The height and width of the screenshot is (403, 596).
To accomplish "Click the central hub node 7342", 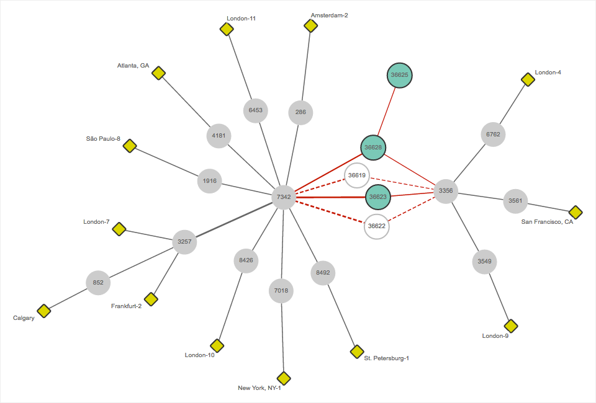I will click(284, 197).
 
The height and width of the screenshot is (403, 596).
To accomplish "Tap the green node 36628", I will click(374, 148).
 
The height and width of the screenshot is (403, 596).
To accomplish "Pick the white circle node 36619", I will click(357, 175).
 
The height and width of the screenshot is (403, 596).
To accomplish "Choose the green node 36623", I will click(378, 197).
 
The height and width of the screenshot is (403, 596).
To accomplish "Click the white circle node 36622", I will click(377, 226).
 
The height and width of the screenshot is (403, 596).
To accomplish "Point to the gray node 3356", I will click(446, 191).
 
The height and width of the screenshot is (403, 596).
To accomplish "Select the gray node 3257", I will click(184, 241).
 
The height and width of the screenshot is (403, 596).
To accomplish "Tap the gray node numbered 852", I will click(98, 283).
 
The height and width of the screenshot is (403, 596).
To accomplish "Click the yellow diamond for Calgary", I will click(43, 311).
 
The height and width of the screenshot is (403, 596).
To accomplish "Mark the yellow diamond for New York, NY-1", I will click(284, 378).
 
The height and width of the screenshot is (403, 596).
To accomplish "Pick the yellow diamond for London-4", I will click(528, 79).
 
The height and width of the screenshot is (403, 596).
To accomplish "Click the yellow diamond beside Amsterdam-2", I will click(310, 25).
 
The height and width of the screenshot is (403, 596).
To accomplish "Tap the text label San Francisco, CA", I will click(547, 222).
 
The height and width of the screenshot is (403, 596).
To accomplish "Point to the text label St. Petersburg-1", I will click(387, 358).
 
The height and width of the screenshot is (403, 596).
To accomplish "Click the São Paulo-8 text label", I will click(103, 138).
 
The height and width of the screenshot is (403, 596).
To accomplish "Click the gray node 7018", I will click(281, 290).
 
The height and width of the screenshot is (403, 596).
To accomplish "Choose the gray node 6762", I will click(494, 134).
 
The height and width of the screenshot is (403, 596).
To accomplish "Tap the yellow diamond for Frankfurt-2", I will click(151, 299).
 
